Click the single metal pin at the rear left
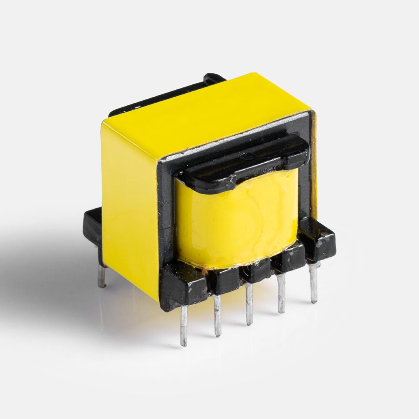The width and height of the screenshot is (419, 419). (x=101, y=275)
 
